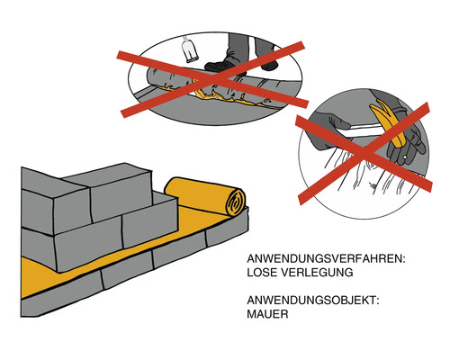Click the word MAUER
[269, 318]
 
